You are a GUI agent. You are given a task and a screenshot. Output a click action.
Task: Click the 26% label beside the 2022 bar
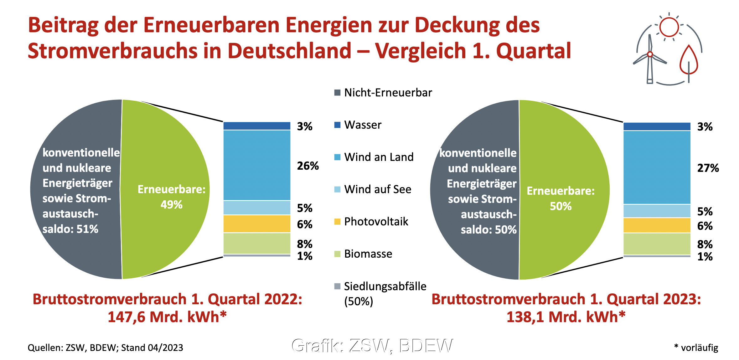[x=308, y=166]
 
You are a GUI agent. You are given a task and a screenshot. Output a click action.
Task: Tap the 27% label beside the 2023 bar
[x=708, y=168]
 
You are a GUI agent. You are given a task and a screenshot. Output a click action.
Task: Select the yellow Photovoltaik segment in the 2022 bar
[x=257, y=224]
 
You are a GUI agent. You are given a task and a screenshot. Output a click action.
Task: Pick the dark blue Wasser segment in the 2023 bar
[x=657, y=126]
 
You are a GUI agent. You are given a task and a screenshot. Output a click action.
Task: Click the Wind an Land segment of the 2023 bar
[x=657, y=167]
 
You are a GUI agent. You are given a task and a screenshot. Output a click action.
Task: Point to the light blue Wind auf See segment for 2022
[x=257, y=208]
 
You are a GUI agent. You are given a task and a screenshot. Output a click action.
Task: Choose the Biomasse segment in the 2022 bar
[x=257, y=243]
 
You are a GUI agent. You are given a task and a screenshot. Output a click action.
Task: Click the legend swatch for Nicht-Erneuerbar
[x=337, y=93]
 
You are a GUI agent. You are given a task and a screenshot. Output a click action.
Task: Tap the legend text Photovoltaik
[x=376, y=222]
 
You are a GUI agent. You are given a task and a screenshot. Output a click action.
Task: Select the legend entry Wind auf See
[x=377, y=189]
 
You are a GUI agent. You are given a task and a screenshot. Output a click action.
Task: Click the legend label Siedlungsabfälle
[x=385, y=286]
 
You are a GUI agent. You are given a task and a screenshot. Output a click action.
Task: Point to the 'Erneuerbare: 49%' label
[x=172, y=197]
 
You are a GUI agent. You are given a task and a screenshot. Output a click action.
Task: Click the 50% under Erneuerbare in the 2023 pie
[x=561, y=206]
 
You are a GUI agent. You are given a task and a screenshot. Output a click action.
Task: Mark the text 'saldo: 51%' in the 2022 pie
[x=70, y=229]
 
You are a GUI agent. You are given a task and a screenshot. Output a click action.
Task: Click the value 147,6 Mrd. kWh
[x=167, y=317]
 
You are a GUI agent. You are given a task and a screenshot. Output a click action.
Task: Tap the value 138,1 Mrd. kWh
[x=566, y=317]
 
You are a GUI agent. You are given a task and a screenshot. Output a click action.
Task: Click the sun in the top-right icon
[x=669, y=27]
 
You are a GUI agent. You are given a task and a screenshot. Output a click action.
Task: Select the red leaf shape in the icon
[x=689, y=61]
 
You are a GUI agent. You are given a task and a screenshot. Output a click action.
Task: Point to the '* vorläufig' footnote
[x=696, y=347]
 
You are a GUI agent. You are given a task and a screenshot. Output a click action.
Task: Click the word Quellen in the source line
[x=45, y=348]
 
